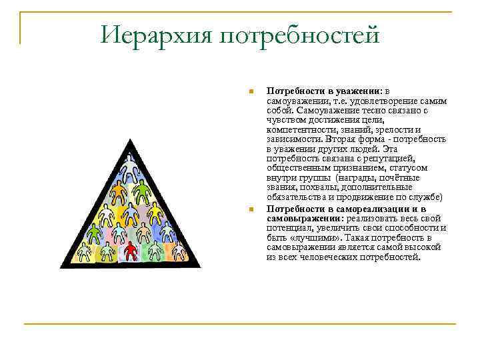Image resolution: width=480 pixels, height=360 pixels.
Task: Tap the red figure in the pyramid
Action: [131, 251]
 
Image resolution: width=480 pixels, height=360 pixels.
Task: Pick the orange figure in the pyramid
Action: [119, 193]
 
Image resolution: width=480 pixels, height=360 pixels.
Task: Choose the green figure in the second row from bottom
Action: [95, 233]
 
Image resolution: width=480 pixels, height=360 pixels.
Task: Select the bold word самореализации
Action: [370, 209]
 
